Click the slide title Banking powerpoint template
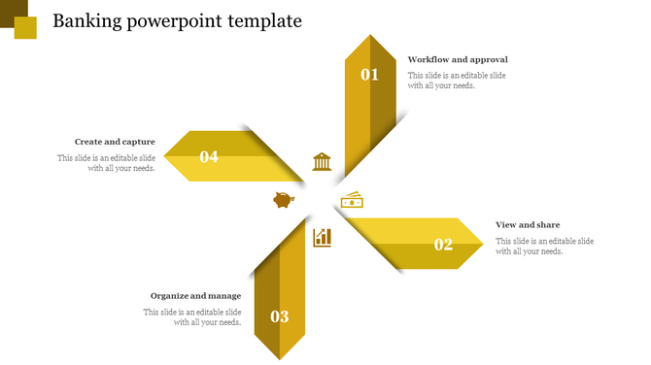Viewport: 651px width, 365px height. pyautogui.click(x=177, y=21)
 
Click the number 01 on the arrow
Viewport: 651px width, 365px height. pyautogui.click(x=369, y=74)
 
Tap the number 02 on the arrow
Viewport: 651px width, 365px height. pyautogui.click(x=443, y=245)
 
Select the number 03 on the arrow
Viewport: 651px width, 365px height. pyautogui.click(x=280, y=316)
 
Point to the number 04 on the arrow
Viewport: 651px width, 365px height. pyautogui.click(x=209, y=156)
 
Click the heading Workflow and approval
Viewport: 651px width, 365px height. pyautogui.click(x=458, y=60)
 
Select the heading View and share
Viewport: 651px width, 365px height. pyautogui.click(x=528, y=225)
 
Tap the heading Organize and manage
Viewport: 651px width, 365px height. pyautogui.click(x=195, y=296)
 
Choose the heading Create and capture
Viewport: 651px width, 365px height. pyautogui.click(x=115, y=142)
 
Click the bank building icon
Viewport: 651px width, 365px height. pyautogui.click(x=322, y=161)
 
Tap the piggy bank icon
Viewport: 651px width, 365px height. pyautogui.click(x=283, y=200)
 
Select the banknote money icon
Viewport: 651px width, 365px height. pyautogui.click(x=352, y=200)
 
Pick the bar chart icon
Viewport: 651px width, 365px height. pyautogui.click(x=322, y=237)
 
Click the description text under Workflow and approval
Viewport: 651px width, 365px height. pyautogui.click(x=457, y=81)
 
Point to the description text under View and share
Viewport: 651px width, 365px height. pyautogui.click(x=544, y=246)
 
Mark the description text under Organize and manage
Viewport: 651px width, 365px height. pyautogui.click(x=192, y=317)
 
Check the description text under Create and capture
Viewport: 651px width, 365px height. pyautogui.click(x=106, y=163)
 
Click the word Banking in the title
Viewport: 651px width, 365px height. pyautogui.click(x=87, y=21)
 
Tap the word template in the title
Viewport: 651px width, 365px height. pyautogui.click(x=264, y=21)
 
